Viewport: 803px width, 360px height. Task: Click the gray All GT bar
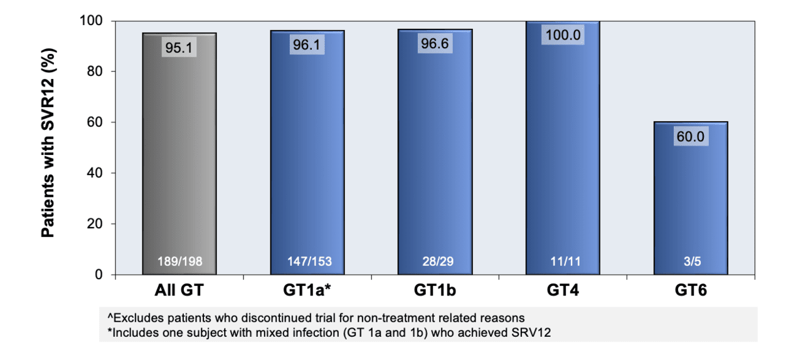coord(179,157)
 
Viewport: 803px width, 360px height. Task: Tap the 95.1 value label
coord(179,47)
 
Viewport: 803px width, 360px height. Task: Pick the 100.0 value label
coord(563,34)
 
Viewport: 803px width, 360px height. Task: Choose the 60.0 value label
coord(691,136)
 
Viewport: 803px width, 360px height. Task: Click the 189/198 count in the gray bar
coord(179,262)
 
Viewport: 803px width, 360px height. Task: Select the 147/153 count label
coord(307,262)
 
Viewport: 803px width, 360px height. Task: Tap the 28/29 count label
coord(435,262)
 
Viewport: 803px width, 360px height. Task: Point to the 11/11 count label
coord(563,262)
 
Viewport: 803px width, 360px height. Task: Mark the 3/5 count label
coord(691,262)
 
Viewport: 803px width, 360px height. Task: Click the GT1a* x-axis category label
coord(308,290)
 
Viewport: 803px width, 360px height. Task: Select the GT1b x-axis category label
coord(435,290)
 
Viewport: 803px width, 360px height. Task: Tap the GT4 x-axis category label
coord(563,290)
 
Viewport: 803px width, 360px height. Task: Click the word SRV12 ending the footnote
coord(533,332)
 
